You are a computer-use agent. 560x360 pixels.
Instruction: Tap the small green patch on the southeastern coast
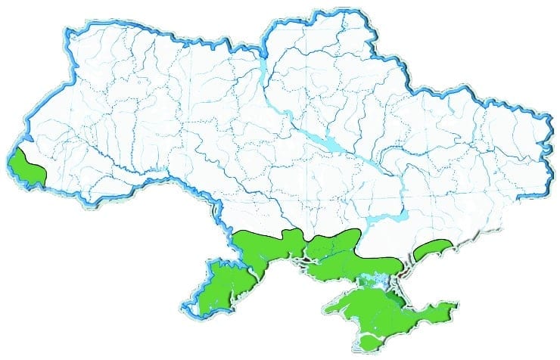(436, 248)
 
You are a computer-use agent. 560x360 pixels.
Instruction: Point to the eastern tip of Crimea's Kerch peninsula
(456, 306)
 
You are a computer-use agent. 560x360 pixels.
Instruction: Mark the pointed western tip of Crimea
(325, 309)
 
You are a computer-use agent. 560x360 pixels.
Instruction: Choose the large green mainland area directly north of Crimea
(348, 253)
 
